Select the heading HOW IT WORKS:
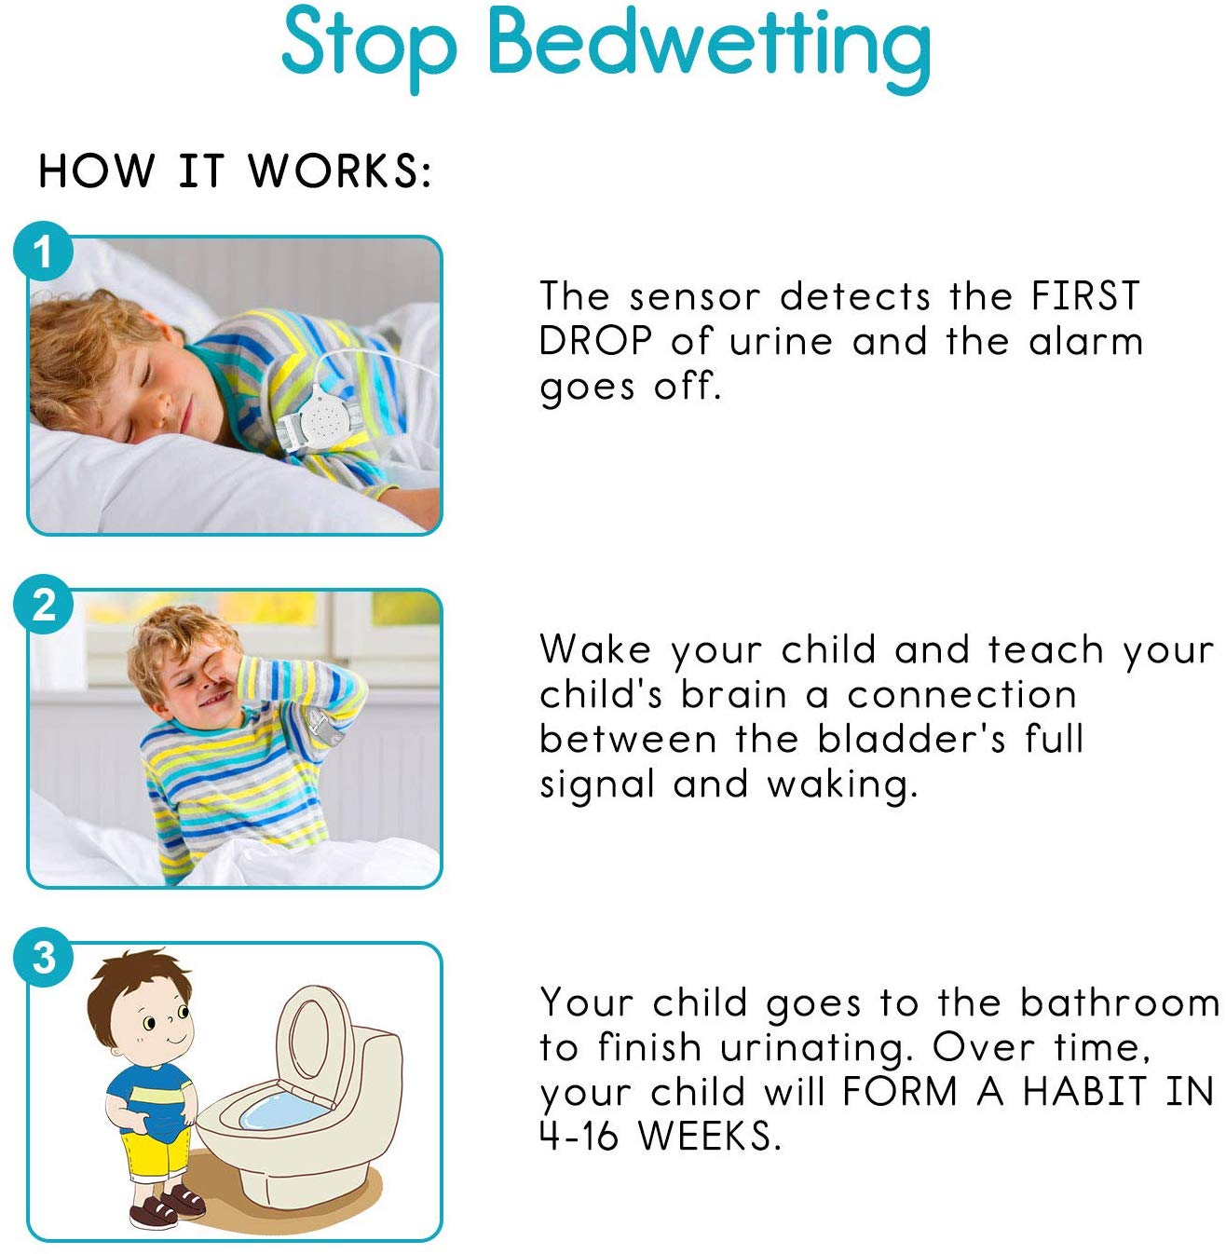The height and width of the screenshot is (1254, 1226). click(x=235, y=171)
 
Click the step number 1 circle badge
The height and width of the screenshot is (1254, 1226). click(x=43, y=252)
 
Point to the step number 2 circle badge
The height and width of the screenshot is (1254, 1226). click(x=43, y=606)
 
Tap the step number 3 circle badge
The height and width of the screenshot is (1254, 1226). click(x=43, y=959)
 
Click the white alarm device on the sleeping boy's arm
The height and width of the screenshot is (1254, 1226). click(x=322, y=419)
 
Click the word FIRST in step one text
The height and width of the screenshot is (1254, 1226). click(x=1085, y=296)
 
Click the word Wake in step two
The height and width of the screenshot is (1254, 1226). click(x=594, y=648)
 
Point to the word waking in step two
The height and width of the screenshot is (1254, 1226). click(x=842, y=785)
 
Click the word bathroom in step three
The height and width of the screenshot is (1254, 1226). click(x=1120, y=1002)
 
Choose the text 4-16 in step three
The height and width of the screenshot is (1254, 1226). click(x=579, y=1136)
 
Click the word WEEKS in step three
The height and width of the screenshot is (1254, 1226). click(x=709, y=1136)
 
